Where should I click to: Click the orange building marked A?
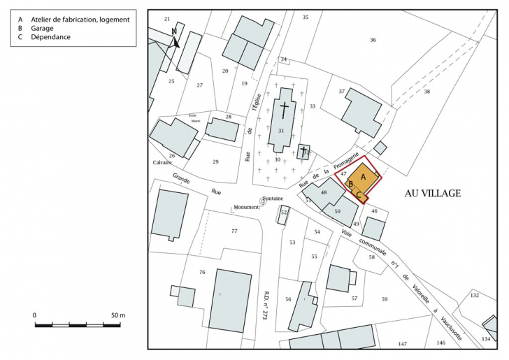pos(364,178)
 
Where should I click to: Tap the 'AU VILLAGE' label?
pos(433,193)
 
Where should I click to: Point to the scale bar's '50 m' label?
pos(117,316)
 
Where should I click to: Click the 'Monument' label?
pos(246,208)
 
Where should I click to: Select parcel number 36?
pos(373,40)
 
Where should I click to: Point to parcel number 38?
pos(426,92)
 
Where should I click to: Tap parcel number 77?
pos(234,231)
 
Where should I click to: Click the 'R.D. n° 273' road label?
pos(266,305)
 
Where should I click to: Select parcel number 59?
pos(384,299)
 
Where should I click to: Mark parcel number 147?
pos(402,343)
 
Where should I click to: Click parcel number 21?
pos(167,18)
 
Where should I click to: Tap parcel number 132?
pos(474,296)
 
